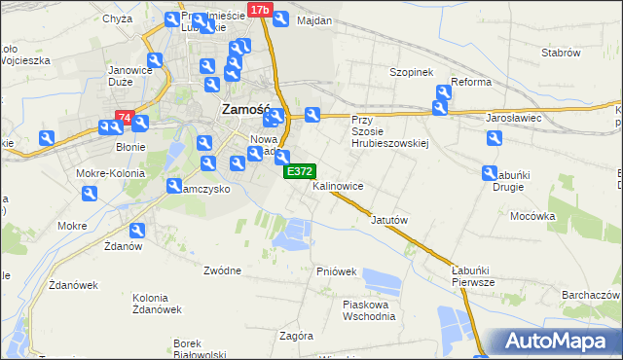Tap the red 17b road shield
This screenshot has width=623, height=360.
pyautogui.click(x=258, y=10)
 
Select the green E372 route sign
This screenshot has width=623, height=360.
pyautogui.click(x=298, y=171)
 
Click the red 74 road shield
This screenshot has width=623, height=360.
pyautogui.click(x=124, y=118)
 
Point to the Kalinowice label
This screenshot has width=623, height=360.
pyautogui.click(x=338, y=185)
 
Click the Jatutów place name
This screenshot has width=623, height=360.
pyautogui.click(x=388, y=220)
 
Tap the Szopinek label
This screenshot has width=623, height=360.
pyautogui.click(x=410, y=72)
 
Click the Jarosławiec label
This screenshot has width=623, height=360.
pyautogui.click(x=513, y=118)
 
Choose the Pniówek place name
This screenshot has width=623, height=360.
pyautogui.click(x=337, y=271)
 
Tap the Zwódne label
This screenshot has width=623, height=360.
pyautogui.click(x=223, y=270)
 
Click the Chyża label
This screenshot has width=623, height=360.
pyautogui.click(x=117, y=18)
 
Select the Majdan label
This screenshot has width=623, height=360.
pyautogui.click(x=314, y=20)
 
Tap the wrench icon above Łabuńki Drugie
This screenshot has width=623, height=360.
pyautogui.click(x=492, y=173)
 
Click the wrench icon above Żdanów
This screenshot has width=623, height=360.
pyautogui.click(x=137, y=231)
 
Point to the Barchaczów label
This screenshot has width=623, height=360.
pyautogui.click(x=591, y=294)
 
